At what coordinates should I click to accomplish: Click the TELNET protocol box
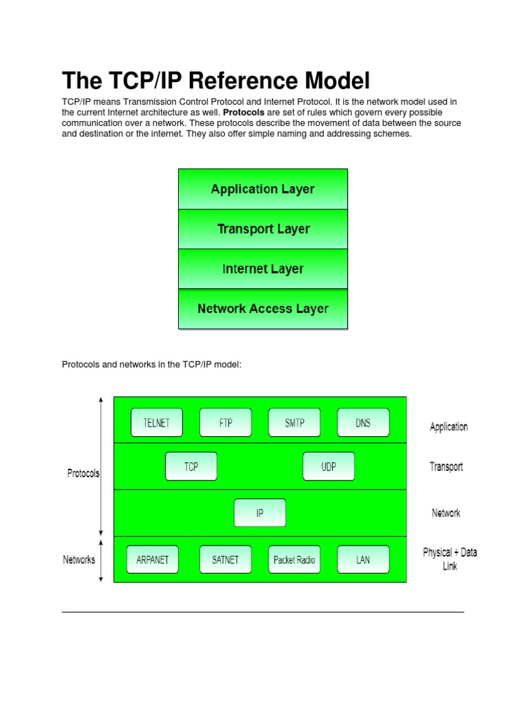pyautogui.click(x=156, y=423)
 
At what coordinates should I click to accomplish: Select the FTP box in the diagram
pyautogui.click(x=225, y=423)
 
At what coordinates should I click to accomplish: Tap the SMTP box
pyautogui.click(x=294, y=423)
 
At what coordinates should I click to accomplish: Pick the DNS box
pyautogui.click(x=363, y=423)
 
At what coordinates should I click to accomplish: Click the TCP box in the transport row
pyautogui.click(x=191, y=467)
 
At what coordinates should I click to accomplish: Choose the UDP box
pyautogui.click(x=329, y=467)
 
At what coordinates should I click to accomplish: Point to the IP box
pyautogui.click(x=260, y=513)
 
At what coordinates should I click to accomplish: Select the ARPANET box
pyautogui.click(x=152, y=559)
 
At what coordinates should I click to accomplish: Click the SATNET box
pyautogui.click(x=225, y=559)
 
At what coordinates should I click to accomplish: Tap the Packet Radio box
pyautogui.click(x=294, y=559)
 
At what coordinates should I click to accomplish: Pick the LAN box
pyautogui.click(x=363, y=559)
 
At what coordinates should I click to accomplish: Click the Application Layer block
pyautogui.click(x=263, y=190)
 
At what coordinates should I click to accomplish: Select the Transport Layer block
pyautogui.click(x=263, y=229)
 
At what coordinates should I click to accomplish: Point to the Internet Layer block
pyautogui.click(x=263, y=269)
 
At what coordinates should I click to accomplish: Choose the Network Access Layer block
pyautogui.click(x=263, y=309)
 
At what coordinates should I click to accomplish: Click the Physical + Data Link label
pyautogui.click(x=450, y=559)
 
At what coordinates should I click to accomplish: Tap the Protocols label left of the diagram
pyautogui.click(x=83, y=473)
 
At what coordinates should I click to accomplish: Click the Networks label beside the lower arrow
pyautogui.click(x=79, y=559)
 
